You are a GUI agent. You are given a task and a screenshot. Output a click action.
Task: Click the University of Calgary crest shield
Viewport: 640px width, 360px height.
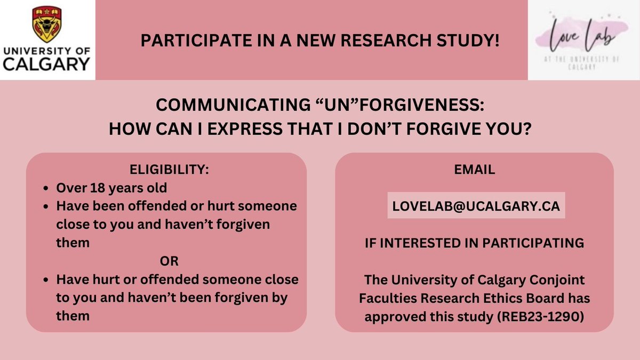(46, 23)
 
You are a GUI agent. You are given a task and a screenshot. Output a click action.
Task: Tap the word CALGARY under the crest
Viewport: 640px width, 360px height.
(46, 65)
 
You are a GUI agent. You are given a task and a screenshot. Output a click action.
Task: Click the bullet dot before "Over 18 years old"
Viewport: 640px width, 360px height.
(46, 189)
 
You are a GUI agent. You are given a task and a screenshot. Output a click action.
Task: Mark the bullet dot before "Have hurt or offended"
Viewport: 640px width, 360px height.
(46, 280)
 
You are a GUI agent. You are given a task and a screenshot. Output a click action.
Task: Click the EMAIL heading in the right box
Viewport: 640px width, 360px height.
(474, 171)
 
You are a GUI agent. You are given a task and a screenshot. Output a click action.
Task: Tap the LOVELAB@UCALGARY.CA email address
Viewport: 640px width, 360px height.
(476, 207)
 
